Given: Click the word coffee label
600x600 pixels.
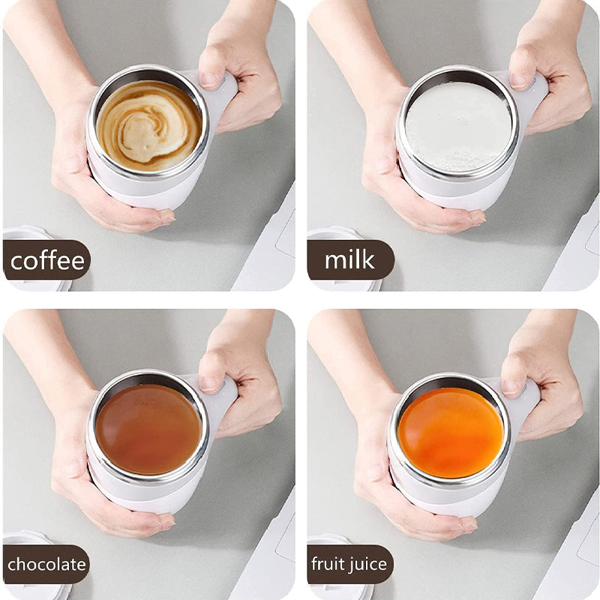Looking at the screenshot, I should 46,260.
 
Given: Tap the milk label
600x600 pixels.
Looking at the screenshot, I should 349,260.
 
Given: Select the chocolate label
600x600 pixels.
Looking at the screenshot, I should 46,564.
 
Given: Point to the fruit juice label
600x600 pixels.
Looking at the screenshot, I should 350,564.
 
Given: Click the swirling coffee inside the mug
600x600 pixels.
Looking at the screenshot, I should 149,125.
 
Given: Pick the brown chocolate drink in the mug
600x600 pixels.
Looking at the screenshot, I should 148,428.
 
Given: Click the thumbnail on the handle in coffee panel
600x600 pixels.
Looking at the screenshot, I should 209,77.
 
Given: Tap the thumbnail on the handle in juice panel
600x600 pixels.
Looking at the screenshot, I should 512,386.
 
